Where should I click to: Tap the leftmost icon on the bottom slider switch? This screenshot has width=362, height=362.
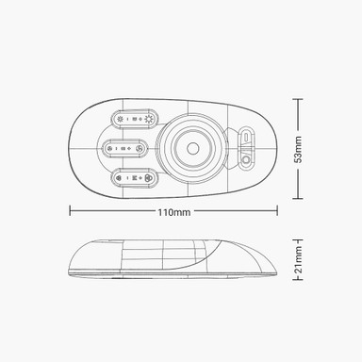[x=121, y=175]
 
